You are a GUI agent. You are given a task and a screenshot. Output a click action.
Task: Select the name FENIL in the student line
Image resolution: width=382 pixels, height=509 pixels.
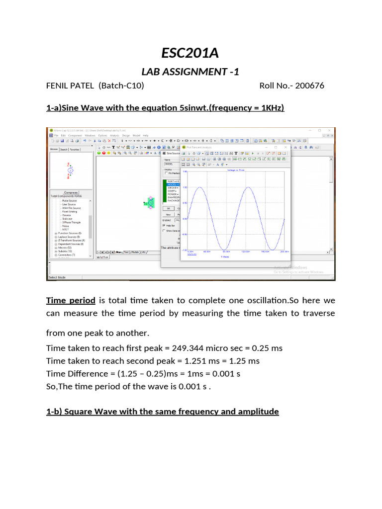[58, 85]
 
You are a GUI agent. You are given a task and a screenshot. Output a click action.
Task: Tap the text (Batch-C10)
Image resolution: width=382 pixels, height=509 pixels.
[121, 85]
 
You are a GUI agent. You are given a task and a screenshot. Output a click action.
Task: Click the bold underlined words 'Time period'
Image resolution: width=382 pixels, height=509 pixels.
[70, 301]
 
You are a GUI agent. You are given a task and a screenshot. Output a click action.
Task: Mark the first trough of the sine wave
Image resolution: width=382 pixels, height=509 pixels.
[224, 250]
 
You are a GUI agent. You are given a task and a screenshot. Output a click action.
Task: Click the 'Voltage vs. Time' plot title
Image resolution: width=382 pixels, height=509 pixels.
[236, 170]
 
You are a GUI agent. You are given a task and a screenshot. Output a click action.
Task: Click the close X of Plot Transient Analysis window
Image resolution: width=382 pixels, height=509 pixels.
[285, 147]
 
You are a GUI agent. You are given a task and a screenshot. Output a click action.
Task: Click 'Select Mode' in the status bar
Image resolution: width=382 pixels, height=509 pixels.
[57, 277]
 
